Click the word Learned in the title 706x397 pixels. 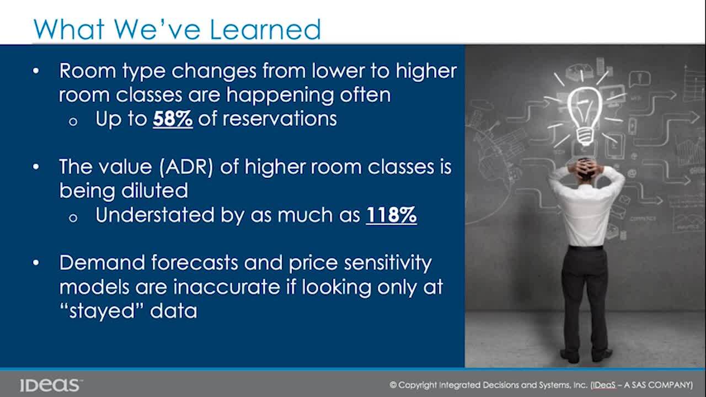(x=265, y=29)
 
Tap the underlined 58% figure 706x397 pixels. (x=173, y=119)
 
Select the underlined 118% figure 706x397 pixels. (x=392, y=215)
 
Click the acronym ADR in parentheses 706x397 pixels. (x=186, y=167)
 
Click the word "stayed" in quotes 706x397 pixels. (x=102, y=311)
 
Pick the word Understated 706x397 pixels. (x=154, y=215)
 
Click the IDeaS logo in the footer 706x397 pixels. (x=50, y=385)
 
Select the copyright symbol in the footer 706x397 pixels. (x=393, y=385)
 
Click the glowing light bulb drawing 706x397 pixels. (x=585, y=115)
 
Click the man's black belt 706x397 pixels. (x=586, y=248)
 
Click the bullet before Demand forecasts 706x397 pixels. (x=36, y=263)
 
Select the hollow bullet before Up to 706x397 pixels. (x=73, y=122)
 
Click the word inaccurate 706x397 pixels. (x=227, y=287)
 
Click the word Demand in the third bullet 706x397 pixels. (x=102, y=263)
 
